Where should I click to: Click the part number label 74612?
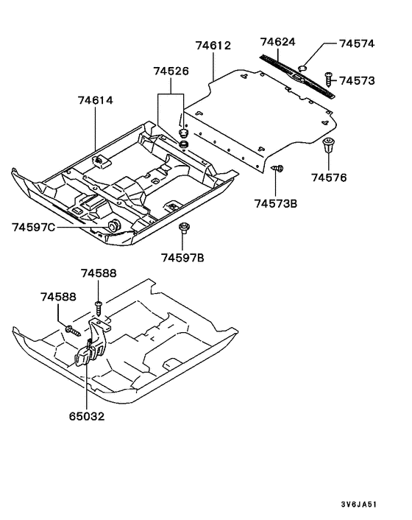(x=213, y=46)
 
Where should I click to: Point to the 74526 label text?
(x=171, y=71)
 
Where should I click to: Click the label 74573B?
(x=276, y=203)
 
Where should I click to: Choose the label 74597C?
(x=34, y=227)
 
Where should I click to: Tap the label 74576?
(x=328, y=178)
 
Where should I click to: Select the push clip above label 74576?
(x=327, y=147)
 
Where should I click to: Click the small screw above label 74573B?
(x=278, y=170)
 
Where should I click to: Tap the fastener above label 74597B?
(x=182, y=229)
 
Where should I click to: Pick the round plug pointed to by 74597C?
(x=114, y=225)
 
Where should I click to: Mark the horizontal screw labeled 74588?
(x=71, y=329)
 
